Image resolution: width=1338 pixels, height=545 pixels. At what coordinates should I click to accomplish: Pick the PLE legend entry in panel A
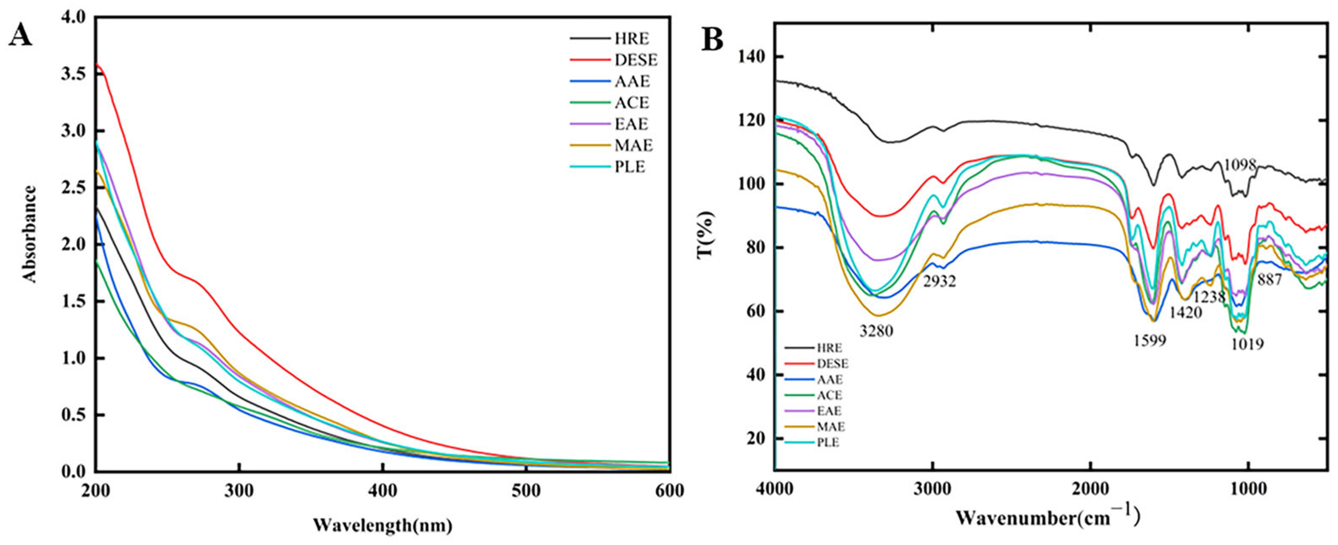630,167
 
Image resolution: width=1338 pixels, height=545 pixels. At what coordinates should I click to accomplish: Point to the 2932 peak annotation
939,282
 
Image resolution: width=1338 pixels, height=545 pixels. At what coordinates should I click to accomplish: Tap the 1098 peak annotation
1240,166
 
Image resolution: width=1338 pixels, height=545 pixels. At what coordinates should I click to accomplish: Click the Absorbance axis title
30,234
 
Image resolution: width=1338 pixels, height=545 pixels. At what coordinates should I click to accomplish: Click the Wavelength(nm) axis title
383,525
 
